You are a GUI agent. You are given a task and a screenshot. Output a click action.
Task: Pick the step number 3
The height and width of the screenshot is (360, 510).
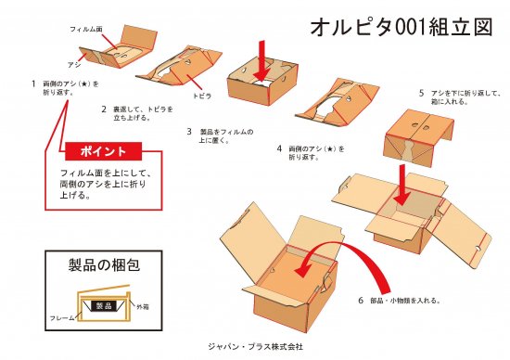[188, 132]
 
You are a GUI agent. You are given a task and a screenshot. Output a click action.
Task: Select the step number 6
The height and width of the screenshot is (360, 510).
[360, 301]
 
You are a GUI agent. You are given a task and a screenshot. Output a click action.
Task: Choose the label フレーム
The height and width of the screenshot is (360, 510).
[62, 317]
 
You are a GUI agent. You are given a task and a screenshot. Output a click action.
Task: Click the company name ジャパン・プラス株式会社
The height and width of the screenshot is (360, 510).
[255, 346]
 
